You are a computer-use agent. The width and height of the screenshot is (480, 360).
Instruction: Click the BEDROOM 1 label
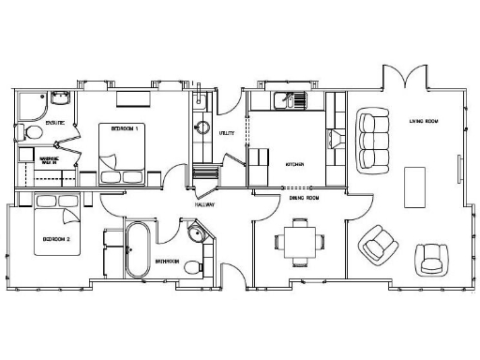point(125,128)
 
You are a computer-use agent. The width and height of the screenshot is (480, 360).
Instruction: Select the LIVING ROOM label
point(425,121)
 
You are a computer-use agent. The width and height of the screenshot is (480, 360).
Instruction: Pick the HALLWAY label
point(205,203)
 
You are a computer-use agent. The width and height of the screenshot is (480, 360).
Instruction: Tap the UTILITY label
point(226,134)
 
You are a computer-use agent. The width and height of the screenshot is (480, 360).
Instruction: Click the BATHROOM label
point(168,262)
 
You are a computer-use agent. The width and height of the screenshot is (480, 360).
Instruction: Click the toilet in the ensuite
point(29,133)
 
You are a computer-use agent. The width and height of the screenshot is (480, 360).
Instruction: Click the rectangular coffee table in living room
point(413,186)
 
